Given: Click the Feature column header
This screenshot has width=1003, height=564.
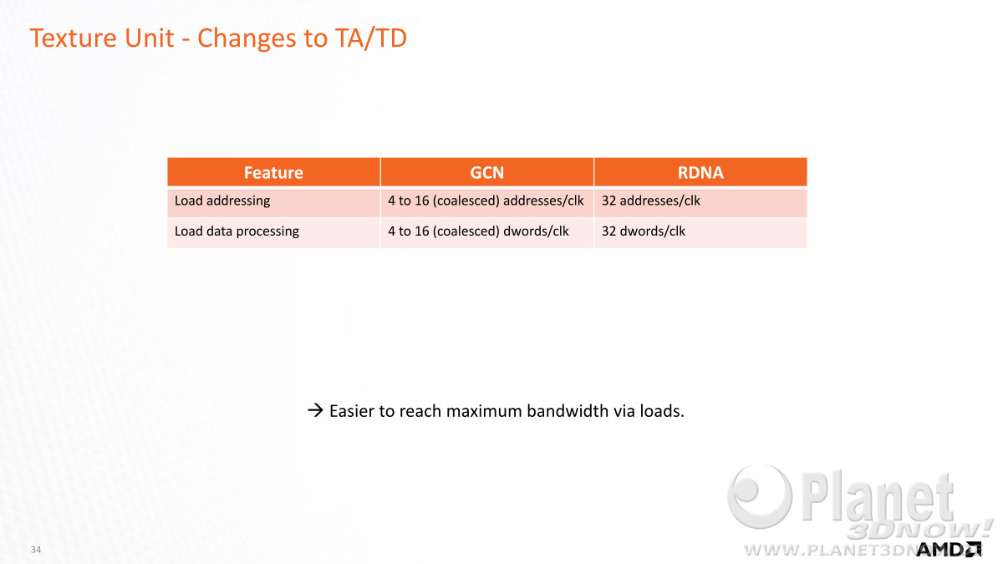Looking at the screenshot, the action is pyautogui.click(x=273, y=172).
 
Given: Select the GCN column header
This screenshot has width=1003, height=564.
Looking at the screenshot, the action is pyautogui.click(x=487, y=172).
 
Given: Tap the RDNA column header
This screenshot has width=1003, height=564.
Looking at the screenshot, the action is pyautogui.click(x=700, y=172).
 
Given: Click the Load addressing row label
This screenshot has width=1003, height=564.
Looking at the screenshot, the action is pyautogui.click(x=222, y=201).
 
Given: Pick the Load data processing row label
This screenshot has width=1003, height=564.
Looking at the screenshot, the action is pyautogui.click(x=237, y=231).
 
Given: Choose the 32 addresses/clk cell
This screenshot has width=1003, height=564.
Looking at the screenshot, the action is pyautogui.click(x=650, y=201).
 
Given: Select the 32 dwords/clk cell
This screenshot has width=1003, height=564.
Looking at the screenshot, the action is pyautogui.click(x=644, y=231).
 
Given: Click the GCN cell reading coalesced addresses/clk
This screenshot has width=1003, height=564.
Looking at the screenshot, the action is pyautogui.click(x=486, y=201).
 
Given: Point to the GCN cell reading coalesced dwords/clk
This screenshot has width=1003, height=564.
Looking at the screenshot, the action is pyautogui.click(x=478, y=231).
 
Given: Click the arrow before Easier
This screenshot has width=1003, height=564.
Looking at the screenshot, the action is pyautogui.click(x=316, y=410).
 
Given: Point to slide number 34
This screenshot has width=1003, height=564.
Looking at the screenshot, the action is pyautogui.click(x=36, y=549).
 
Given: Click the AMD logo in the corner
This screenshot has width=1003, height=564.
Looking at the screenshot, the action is pyautogui.click(x=949, y=550).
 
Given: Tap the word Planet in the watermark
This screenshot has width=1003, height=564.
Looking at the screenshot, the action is pyautogui.click(x=878, y=497).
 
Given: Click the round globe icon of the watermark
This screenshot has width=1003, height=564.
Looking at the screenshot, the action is pyautogui.click(x=760, y=496).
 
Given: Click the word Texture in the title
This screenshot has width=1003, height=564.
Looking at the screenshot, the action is pyautogui.click(x=73, y=38).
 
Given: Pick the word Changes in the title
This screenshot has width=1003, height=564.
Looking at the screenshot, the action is pyautogui.click(x=247, y=39).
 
